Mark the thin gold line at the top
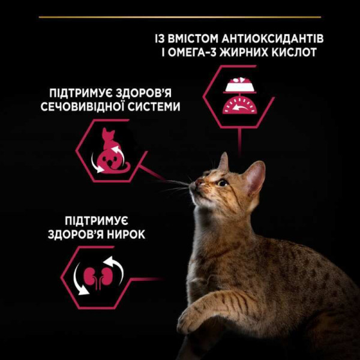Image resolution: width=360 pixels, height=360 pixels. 180,17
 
